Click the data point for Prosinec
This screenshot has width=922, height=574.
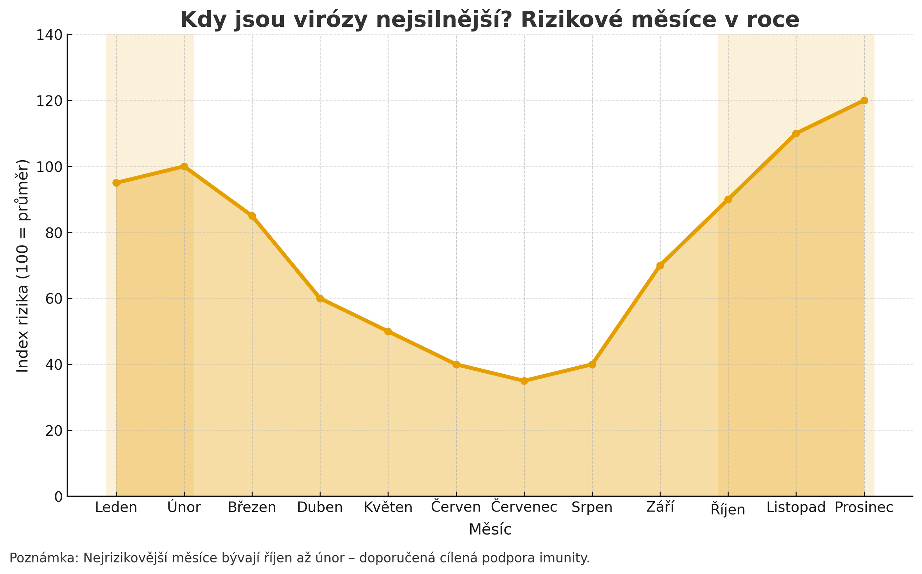[x=864, y=100]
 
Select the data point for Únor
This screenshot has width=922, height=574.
[x=184, y=166]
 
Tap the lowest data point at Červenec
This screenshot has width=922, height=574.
[x=524, y=381]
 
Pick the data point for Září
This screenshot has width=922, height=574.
[x=660, y=265]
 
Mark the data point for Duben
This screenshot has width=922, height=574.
[x=320, y=299]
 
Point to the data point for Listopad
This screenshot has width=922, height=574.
[x=796, y=133]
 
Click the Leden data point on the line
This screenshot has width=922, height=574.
[x=116, y=183]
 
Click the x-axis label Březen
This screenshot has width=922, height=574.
[x=252, y=508]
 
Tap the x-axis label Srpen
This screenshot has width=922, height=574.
[x=592, y=508]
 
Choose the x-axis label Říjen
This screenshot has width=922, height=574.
[x=728, y=509]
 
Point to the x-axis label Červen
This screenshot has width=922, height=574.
[x=456, y=507]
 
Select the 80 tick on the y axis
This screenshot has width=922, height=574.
[x=54, y=233]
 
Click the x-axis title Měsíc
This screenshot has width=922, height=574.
[x=490, y=530]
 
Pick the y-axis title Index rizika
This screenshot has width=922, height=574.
[x=23, y=265]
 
